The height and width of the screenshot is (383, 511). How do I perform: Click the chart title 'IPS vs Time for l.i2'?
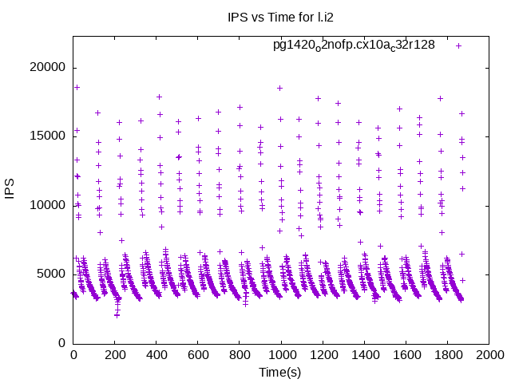coord(279,18)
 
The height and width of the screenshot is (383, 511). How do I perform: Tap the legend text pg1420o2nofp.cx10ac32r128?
coord(354,45)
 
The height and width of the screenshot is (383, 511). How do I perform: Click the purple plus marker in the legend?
coord(459,45)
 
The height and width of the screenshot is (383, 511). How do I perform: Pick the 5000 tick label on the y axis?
coord(53,274)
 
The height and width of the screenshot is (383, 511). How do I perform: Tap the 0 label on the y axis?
coord(62,343)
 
